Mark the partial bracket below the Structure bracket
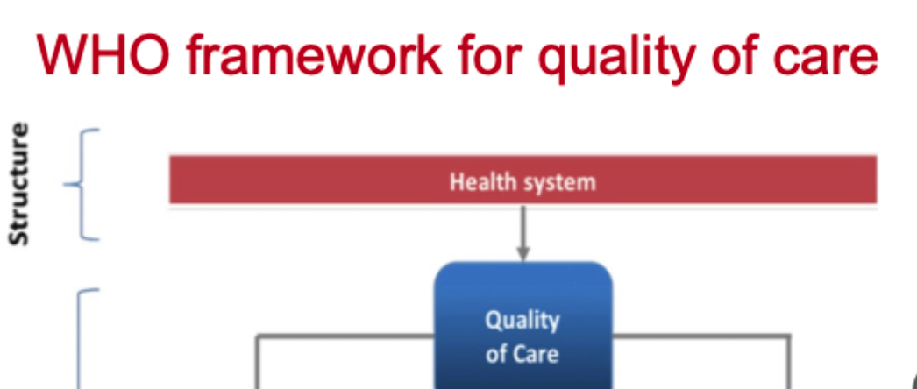pyautogui.click(x=84, y=337)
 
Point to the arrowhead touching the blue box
pyautogui.click(x=522, y=254)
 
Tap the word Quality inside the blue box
pyautogui.click(x=522, y=321)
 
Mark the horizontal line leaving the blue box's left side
pyautogui.click(x=346, y=334)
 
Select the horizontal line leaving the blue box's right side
pyautogui.click(x=701, y=334)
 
